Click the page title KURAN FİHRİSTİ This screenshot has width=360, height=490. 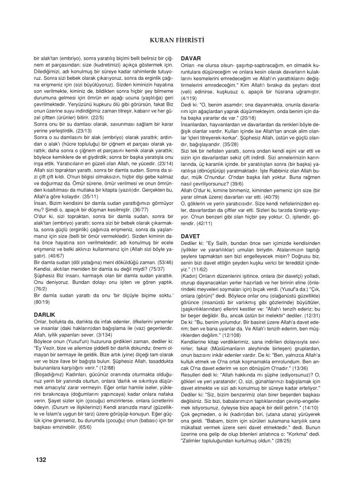[179, 40]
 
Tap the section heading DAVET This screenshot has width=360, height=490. [191, 236]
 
